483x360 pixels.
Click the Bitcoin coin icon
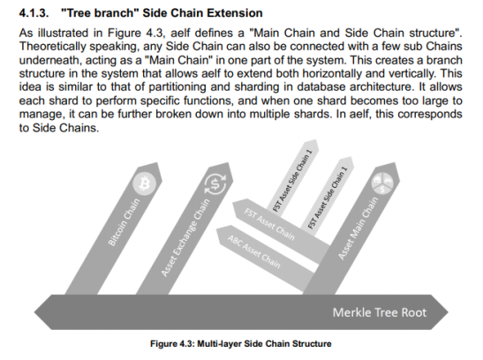click(x=144, y=184)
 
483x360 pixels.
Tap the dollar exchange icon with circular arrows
click(x=215, y=184)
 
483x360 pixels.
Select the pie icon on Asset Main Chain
click(x=382, y=184)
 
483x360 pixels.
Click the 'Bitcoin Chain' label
click(x=124, y=222)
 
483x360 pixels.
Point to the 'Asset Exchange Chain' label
click(x=185, y=237)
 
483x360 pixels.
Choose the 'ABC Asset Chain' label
click(x=253, y=251)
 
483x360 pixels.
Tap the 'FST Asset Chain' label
click(x=269, y=224)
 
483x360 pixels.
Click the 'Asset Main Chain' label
click(x=358, y=228)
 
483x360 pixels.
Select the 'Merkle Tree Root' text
click(x=380, y=312)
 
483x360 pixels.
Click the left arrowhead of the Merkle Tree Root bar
click(x=34, y=312)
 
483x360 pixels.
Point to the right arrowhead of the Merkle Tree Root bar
click(x=448, y=312)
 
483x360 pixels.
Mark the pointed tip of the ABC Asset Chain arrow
click(x=217, y=229)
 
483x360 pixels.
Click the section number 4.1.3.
click(x=34, y=13)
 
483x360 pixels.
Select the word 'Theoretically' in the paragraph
click(x=52, y=47)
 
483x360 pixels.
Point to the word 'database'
click(x=321, y=86)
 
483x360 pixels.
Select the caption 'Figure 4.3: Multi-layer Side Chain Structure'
click(x=240, y=344)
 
